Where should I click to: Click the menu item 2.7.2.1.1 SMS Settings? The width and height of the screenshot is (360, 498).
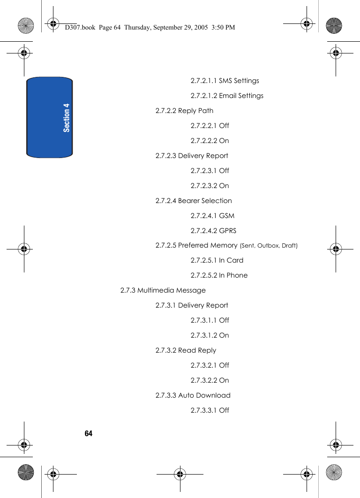point(225,81)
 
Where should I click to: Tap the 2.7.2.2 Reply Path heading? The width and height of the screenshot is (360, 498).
point(184,111)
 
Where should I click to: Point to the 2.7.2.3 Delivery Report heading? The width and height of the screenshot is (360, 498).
point(192,156)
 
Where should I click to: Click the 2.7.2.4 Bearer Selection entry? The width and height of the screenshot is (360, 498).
point(194,201)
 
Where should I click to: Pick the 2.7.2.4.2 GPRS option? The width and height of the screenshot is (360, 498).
point(213,231)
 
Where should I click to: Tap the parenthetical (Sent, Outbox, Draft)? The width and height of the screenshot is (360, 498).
point(269,246)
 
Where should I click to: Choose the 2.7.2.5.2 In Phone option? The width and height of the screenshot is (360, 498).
point(219,275)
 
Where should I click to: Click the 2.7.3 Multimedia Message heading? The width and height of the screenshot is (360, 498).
point(163,290)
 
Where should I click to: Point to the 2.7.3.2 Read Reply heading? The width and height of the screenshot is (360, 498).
point(186,350)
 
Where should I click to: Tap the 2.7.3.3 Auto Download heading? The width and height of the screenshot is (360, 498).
point(193,395)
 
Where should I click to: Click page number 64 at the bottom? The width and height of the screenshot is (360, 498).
point(89,433)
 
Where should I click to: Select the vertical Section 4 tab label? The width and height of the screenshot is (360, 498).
point(67,118)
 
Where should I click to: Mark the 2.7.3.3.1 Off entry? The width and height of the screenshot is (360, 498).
point(210,410)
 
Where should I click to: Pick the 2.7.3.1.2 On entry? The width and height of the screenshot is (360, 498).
point(210,335)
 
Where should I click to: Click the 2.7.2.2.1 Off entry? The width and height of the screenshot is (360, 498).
point(210,126)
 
